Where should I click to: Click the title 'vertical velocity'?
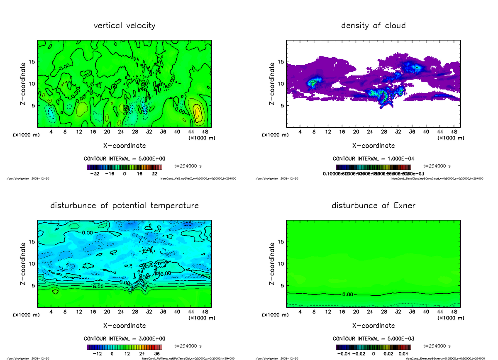(x=124, y=26)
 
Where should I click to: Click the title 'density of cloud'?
(x=373, y=26)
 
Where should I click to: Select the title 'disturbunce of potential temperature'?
(x=124, y=206)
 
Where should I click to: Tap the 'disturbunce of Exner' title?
(x=373, y=206)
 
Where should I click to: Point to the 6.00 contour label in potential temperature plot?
(x=98, y=287)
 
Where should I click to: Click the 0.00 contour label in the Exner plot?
(x=347, y=294)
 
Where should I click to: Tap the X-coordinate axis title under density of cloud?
(x=373, y=146)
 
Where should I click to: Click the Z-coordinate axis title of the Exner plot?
(x=272, y=264)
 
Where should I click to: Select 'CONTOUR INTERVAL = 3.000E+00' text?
(x=124, y=338)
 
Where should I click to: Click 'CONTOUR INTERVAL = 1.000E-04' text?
(x=373, y=158)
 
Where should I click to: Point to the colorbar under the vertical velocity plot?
(x=124, y=167)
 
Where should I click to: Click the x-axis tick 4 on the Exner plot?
(x=300, y=311)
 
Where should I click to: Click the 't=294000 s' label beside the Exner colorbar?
(x=437, y=346)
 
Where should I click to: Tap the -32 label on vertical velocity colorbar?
(x=94, y=174)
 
